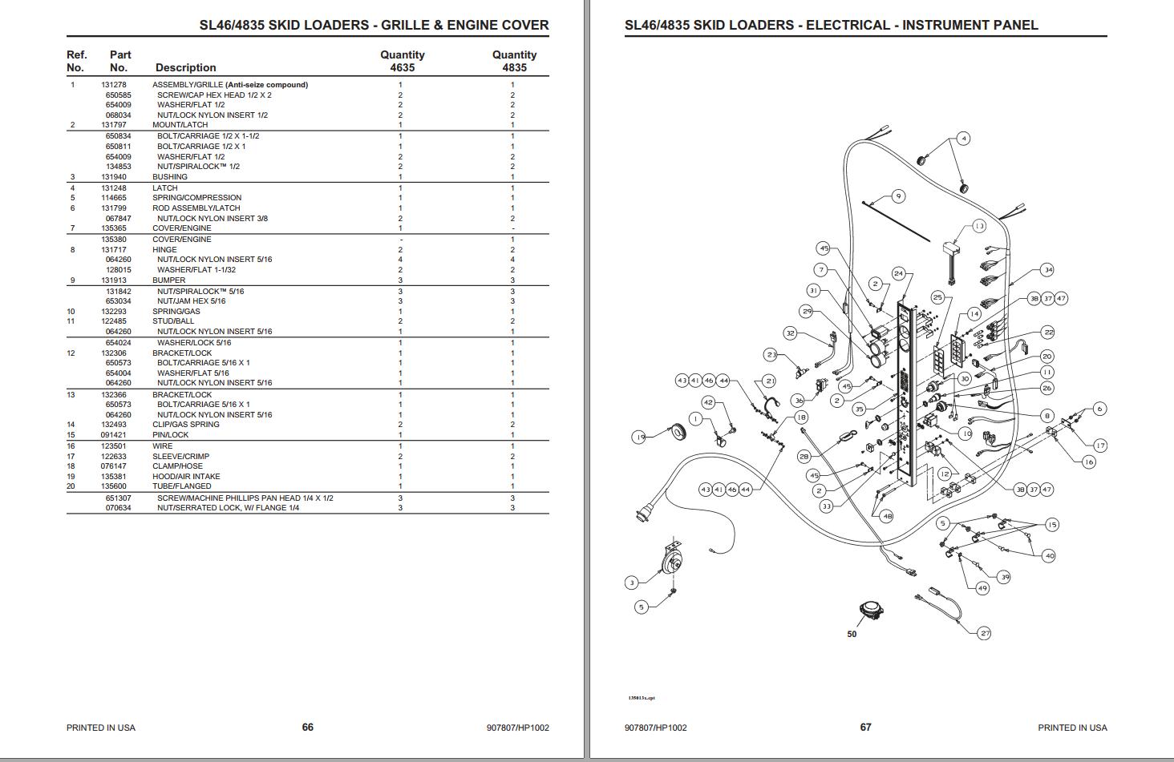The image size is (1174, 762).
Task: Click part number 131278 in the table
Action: [x=113, y=84]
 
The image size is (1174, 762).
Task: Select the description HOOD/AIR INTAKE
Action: [x=186, y=476]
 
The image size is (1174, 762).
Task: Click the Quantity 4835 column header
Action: [x=514, y=61]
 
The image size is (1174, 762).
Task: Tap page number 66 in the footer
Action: [x=308, y=727]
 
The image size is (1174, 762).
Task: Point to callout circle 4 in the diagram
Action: [x=963, y=139]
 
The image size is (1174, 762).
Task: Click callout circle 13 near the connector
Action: [x=979, y=226]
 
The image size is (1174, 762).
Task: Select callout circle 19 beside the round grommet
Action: [x=639, y=437]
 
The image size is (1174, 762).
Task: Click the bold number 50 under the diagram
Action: [x=852, y=634]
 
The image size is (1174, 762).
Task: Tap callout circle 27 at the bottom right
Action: [x=985, y=633]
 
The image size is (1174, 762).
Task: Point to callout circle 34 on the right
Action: [x=1047, y=270]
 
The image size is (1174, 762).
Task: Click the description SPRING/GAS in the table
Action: [x=176, y=311]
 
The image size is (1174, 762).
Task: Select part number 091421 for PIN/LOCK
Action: [x=113, y=435]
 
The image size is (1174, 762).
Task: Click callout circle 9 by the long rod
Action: [x=898, y=196]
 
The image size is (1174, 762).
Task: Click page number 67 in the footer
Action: [x=865, y=727]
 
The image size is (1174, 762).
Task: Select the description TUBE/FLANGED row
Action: [x=182, y=486]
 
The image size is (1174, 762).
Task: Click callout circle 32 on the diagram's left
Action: [x=790, y=333]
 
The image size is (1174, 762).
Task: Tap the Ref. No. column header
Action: [x=76, y=61]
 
